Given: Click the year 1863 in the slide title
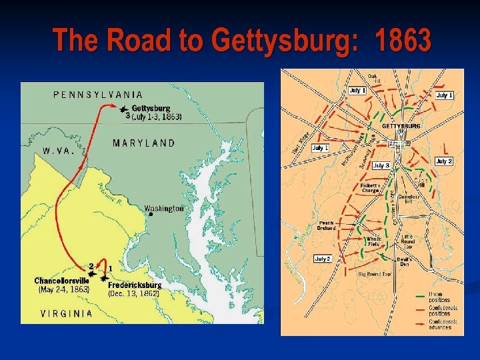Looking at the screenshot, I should coord(403,41).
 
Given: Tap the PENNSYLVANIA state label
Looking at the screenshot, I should coord(97,95).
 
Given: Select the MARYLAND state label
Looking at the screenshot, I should coord(144,143).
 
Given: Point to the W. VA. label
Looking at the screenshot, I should coord(58,151).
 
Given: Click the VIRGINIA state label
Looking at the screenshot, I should coord(67,313).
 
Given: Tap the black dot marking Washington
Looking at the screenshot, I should coord(151,215).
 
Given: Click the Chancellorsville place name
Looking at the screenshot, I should coord(61,281).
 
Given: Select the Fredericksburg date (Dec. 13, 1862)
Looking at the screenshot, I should coord(133,293).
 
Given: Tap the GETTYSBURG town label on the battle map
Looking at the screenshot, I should coord(401,126).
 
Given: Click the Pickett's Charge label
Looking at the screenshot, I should coord(369,187).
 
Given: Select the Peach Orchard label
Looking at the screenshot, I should coord(326,225).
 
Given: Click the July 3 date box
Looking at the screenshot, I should coord(381,165).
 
